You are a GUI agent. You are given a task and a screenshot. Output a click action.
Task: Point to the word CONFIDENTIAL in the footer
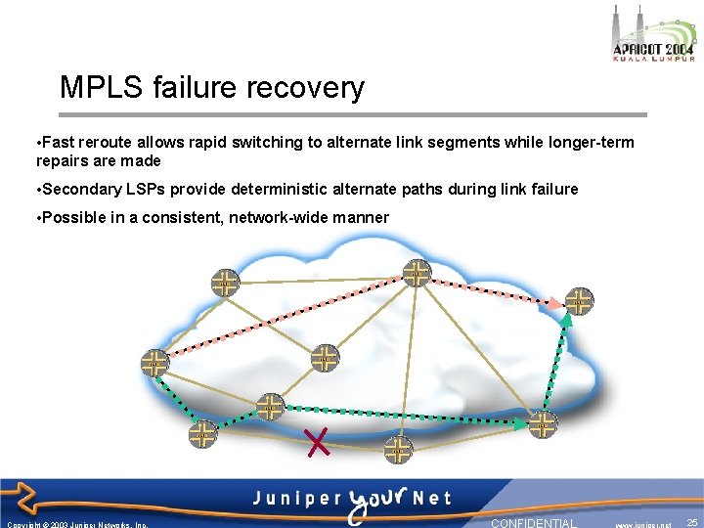pyautogui.click(x=534, y=523)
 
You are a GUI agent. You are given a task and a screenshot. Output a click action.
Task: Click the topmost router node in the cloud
pyautogui.click(x=418, y=274)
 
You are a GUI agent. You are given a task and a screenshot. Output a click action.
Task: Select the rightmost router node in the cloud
pyautogui.click(x=580, y=301)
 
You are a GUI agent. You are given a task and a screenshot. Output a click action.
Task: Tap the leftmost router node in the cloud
pyautogui.click(x=154, y=363)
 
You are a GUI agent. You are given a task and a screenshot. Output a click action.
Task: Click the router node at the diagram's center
pyautogui.click(x=325, y=358)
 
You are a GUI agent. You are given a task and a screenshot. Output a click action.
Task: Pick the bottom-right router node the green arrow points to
pyautogui.click(x=543, y=424)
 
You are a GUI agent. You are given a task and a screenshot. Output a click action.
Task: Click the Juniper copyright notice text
pyautogui.click(x=77, y=524)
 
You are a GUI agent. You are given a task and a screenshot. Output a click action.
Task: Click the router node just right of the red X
pyautogui.click(x=398, y=451)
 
